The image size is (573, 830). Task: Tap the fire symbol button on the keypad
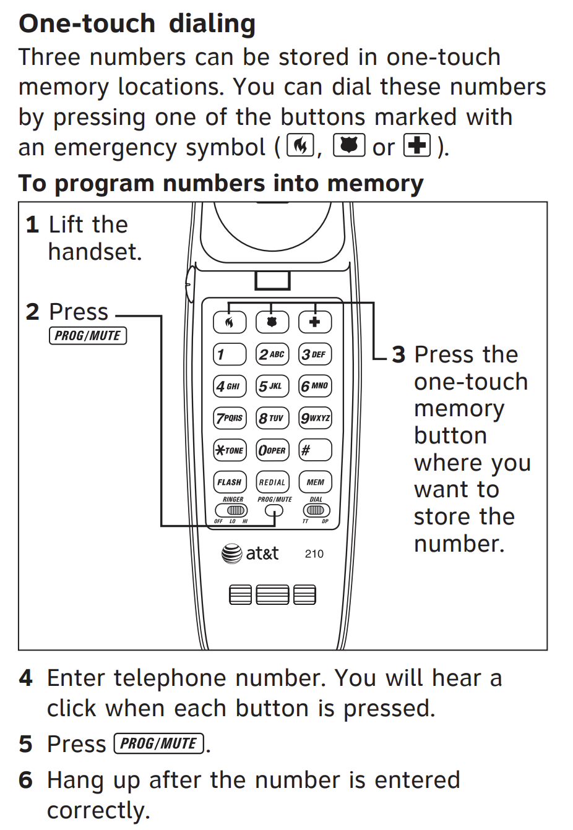pyautogui.click(x=230, y=322)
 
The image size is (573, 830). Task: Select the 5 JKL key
pyautogui.click(x=272, y=386)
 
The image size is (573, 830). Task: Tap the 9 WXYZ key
pyautogui.click(x=315, y=418)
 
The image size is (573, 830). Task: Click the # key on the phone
pyautogui.click(x=315, y=450)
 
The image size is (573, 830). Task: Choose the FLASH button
pyautogui.click(x=230, y=482)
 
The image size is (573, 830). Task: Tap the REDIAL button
pyautogui.click(x=272, y=482)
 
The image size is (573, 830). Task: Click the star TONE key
pyautogui.click(x=230, y=450)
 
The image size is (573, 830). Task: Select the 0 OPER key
pyautogui.click(x=272, y=450)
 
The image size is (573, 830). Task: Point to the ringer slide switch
pyautogui.click(x=231, y=510)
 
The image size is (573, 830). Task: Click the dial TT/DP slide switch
pyautogui.click(x=316, y=510)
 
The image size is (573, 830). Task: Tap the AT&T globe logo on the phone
pyautogui.click(x=232, y=554)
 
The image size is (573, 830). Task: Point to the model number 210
pyautogui.click(x=314, y=554)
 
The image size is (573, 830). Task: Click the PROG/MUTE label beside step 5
pyautogui.click(x=159, y=743)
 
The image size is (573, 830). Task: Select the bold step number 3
pyautogui.click(x=399, y=355)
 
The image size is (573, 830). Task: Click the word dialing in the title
pyautogui.click(x=212, y=24)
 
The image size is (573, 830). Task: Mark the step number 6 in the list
pyautogui.click(x=25, y=780)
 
